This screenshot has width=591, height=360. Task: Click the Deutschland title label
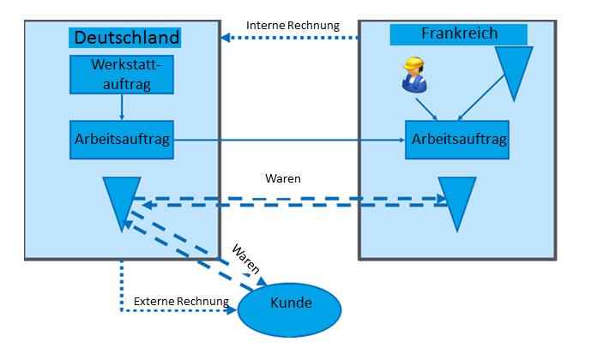(127, 38)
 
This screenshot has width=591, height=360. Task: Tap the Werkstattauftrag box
(122, 74)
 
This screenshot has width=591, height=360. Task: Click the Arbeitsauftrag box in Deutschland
(123, 139)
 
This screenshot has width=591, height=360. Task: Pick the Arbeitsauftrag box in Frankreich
(456, 139)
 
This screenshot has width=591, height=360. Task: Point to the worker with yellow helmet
(414, 75)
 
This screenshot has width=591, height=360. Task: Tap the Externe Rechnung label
(181, 302)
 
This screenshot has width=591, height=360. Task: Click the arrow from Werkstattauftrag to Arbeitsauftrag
(122, 106)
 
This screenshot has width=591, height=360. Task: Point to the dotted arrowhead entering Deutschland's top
(226, 38)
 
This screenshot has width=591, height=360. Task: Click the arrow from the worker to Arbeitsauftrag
(426, 110)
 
